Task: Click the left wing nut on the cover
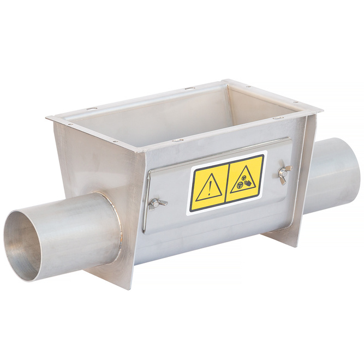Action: pyautogui.click(x=155, y=204)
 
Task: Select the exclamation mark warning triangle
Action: pyautogui.click(x=208, y=188)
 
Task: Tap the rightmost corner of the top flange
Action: pyautogui.click(x=321, y=111)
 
